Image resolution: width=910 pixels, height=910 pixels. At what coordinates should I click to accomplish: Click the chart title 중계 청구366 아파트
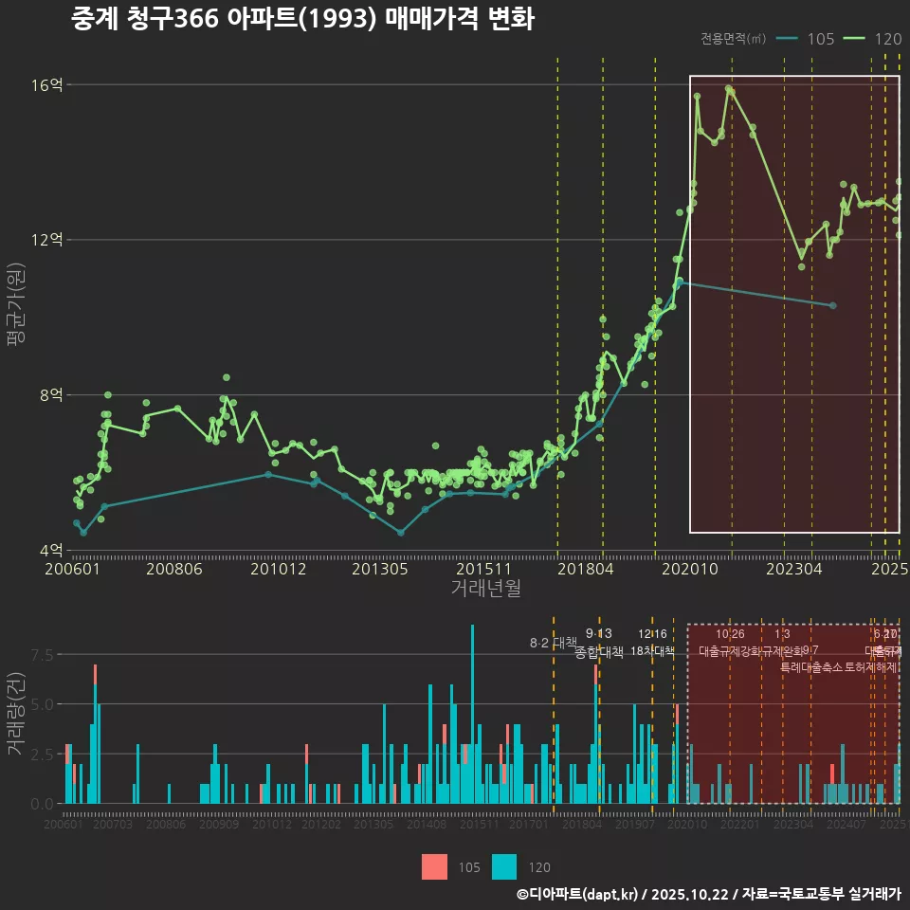click(302, 19)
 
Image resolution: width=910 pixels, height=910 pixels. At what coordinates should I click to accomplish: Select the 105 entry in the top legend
click(821, 39)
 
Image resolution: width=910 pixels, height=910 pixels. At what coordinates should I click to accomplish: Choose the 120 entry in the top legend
click(887, 39)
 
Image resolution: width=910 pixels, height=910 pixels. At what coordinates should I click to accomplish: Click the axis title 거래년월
click(485, 590)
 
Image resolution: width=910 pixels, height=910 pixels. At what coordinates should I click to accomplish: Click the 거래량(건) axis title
click(15, 714)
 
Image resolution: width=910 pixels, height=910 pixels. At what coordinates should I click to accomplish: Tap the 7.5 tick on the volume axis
click(43, 655)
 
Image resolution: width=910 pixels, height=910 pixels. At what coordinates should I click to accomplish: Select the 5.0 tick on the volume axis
click(43, 704)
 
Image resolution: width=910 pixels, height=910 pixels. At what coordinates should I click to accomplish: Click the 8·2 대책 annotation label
click(553, 644)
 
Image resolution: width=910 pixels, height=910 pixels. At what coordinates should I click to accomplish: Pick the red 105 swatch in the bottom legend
click(434, 866)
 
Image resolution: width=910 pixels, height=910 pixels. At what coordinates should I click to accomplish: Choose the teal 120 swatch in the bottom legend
click(504, 866)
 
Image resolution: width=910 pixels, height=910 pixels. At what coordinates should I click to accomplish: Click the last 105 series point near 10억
click(832, 305)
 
